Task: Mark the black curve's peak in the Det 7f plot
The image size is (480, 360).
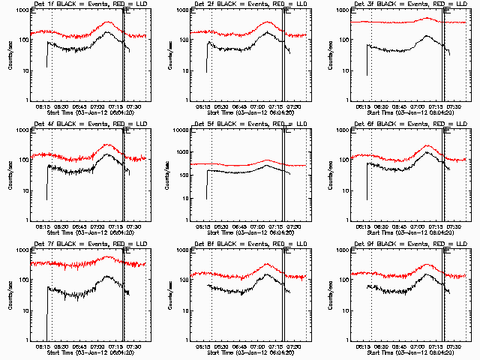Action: (108, 277)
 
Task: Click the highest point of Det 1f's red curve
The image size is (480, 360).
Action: (108, 22)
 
